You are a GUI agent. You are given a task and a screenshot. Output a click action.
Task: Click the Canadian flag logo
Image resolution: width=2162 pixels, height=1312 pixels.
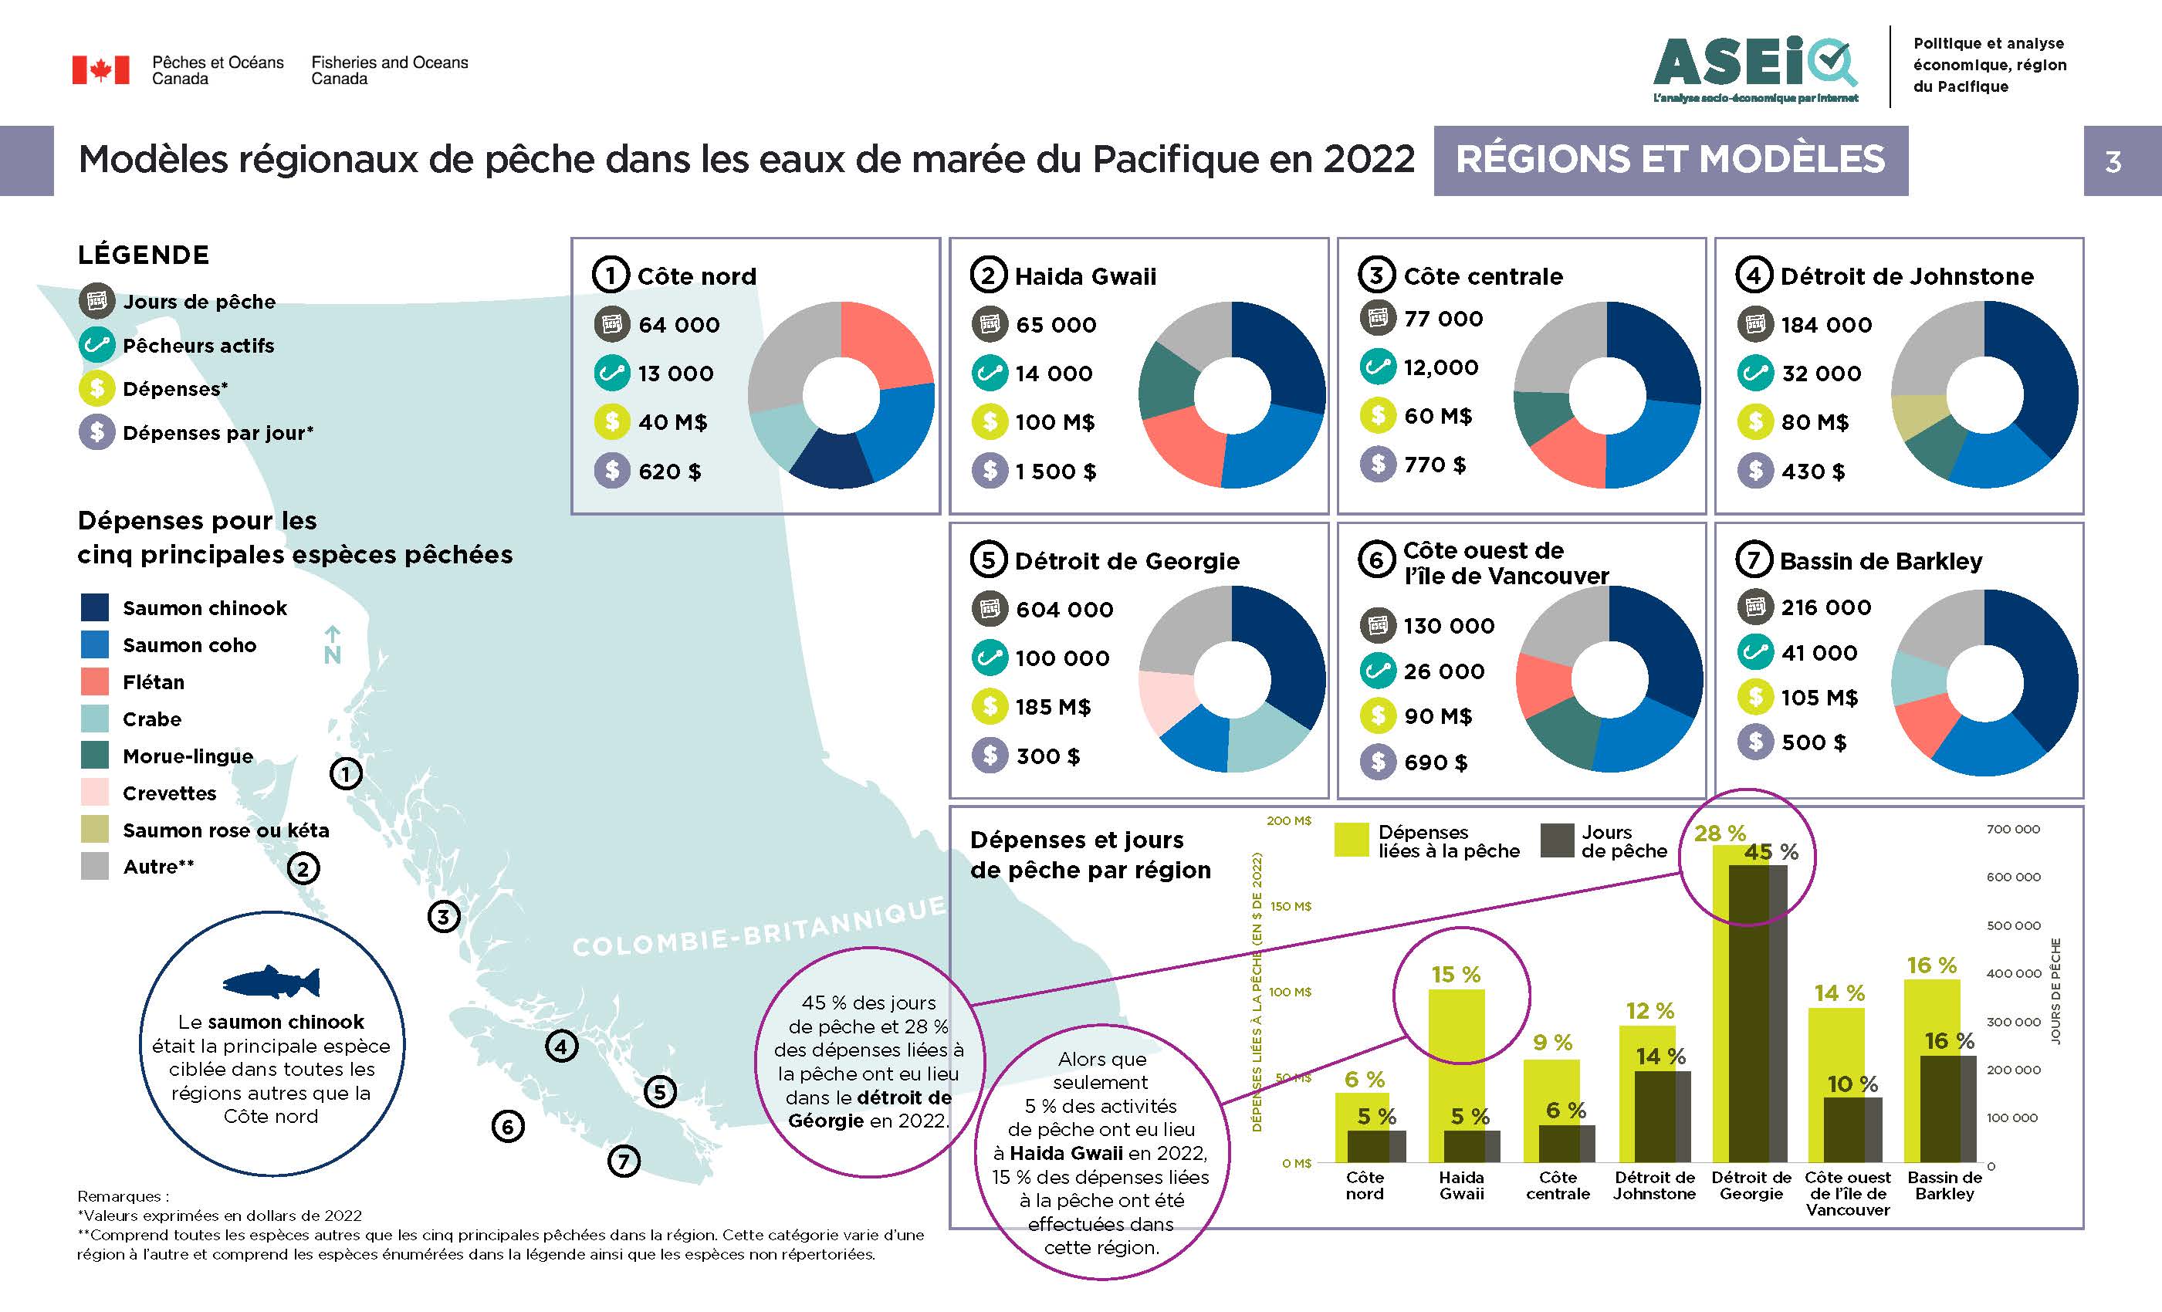click(100, 70)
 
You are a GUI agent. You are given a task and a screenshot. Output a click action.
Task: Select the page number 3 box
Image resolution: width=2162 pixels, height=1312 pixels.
click(2113, 161)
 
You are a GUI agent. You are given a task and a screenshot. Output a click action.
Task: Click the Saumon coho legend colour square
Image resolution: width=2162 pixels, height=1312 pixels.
click(95, 645)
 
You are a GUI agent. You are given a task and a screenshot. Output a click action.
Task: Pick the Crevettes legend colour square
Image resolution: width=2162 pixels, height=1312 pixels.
click(95, 793)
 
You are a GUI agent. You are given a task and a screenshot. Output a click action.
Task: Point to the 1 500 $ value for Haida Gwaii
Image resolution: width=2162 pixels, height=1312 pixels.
click(1056, 472)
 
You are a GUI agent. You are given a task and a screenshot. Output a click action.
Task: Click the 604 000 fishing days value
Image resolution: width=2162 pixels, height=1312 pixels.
click(1064, 609)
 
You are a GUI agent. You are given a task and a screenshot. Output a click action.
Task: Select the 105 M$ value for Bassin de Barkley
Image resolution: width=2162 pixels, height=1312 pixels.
click(1819, 698)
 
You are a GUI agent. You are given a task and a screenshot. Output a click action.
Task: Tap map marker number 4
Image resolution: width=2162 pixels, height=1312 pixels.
click(562, 1046)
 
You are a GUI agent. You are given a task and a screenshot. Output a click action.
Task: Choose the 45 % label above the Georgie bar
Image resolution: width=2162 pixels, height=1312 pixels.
click(1771, 852)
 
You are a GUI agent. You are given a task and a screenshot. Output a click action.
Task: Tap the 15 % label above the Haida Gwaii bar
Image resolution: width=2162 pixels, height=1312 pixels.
click(1456, 974)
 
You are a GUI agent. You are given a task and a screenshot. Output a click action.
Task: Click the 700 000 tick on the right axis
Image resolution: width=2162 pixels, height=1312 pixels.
click(2013, 828)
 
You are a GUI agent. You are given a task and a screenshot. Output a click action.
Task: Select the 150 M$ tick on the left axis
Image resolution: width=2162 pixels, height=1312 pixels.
click(1290, 907)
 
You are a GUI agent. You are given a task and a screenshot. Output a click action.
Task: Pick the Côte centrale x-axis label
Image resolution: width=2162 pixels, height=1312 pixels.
click(1558, 1185)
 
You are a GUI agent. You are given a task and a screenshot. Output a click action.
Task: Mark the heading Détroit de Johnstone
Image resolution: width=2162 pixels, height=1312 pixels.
click(1907, 276)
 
